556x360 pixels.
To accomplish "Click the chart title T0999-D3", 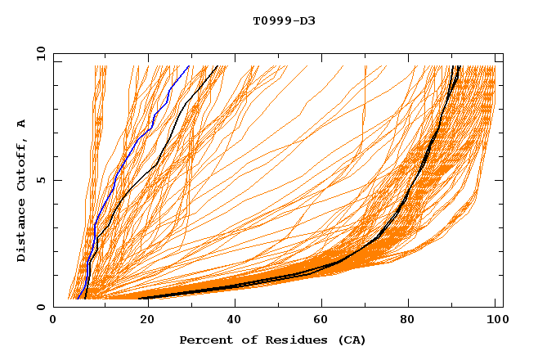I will coord(284,20).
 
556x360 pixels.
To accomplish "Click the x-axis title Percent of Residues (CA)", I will coord(272,340).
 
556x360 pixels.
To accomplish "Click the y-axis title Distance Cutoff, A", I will coord(21,191).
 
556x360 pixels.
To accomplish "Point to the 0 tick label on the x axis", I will coord(54,322).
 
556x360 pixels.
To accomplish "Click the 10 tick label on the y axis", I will coord(39,52).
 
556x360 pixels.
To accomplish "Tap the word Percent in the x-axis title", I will coord(204,340).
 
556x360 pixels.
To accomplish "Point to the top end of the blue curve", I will coord(188,66).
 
